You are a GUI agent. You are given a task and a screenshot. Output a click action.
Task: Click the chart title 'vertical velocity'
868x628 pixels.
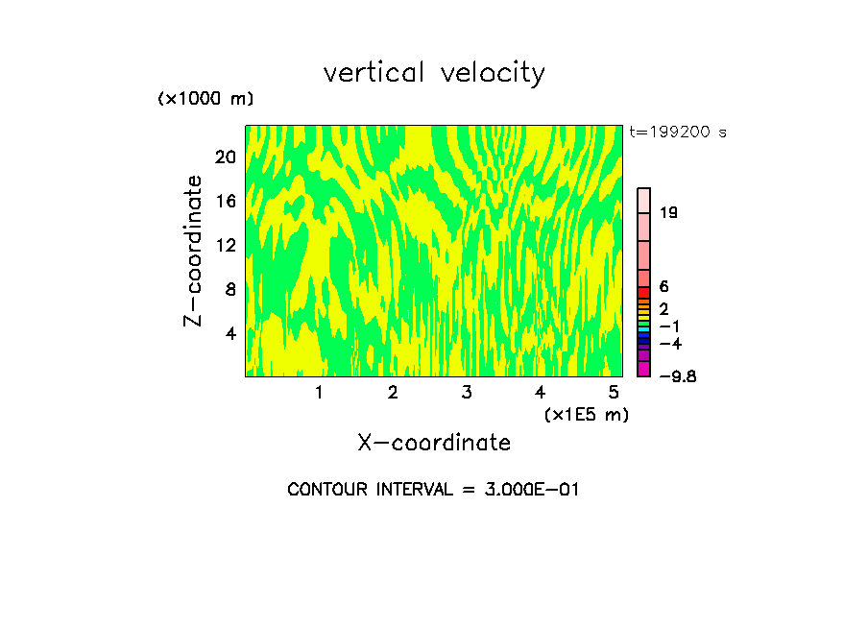pyautogui.click(x=434, y=73)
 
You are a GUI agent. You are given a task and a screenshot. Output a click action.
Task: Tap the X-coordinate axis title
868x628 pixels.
pyautogui.click(x=434, y=443)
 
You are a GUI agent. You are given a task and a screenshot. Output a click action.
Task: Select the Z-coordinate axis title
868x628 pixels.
pyautogui.click(x=194, y=251)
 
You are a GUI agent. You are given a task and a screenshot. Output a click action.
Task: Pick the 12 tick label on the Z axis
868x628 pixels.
pyautogui.click(x=225, y=245)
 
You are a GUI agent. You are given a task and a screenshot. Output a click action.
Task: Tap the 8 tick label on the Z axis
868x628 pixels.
pyautogui.click(x=230, y=289)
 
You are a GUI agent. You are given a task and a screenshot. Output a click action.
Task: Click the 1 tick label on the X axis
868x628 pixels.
pyautogui.click(x=319, y=392)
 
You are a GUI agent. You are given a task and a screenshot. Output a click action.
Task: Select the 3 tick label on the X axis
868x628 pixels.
pyautogui.click(x=466, y=392)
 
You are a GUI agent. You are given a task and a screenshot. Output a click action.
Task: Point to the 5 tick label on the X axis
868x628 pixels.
pyautogui.click(x=613, y=392)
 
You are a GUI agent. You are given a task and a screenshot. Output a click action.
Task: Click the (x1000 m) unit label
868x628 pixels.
pyautogui.click(x=205, y=100)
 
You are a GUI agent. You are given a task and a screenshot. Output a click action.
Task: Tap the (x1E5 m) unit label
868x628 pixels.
pyautogui.click(x=586, y=414)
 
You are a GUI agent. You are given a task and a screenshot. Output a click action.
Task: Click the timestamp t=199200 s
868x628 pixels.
pyautogui.click(x=678, y=133)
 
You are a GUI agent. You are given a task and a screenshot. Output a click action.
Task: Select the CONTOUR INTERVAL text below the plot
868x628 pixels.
pyautogui.click(x=433, y=490)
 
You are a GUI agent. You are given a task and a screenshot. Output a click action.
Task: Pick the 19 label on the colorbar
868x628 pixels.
pyautogui.click(x=669, y=212)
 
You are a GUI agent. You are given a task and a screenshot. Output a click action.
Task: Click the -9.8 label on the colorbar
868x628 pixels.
pyautogui.click(x=677, y=376)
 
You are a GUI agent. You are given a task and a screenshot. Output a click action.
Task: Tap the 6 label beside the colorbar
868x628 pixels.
pyautogui.click(x=663, y=287)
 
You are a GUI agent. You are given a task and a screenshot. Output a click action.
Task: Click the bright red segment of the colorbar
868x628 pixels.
pyautogui.click(x=644, y=292)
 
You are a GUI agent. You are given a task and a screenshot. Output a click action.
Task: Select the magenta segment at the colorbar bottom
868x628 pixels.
pyautogui.click(x=644, y=369)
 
